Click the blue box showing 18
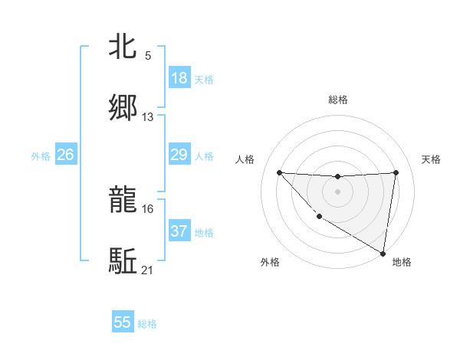[x=179, y=78]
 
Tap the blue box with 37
[x=179, y=231]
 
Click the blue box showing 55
[x=123, y=322]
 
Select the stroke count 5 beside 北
[x=148, y=56]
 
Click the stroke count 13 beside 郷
[x=148, y=117]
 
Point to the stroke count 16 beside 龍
[x=148, y=208]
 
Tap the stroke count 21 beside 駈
[x=148, y=270]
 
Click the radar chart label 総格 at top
[x=337, y=100]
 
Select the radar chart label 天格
[x=432, y=159]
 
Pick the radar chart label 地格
[x=402, y=263]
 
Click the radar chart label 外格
[x=270, y=263]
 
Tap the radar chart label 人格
[x=245, y=159]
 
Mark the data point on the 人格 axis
[x=279, y=172]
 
